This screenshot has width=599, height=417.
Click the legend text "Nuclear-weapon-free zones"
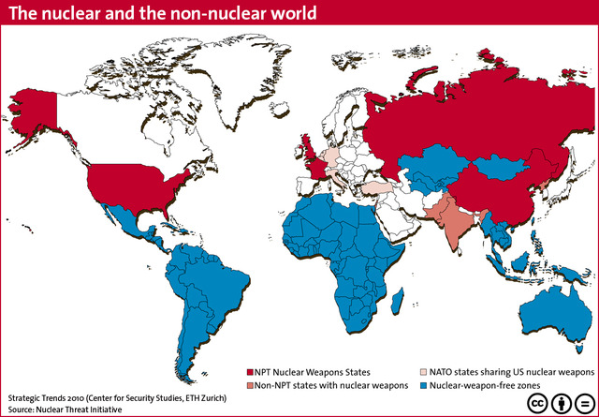point(483,385)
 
